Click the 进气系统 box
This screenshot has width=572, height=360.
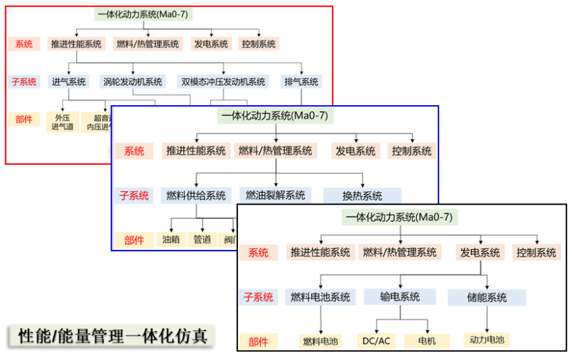[68, 82]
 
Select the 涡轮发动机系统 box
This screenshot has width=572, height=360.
[132, 82]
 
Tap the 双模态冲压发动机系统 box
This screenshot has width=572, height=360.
[223, 82]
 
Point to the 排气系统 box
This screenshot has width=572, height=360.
[301, 82]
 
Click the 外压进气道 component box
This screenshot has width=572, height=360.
[61, 122]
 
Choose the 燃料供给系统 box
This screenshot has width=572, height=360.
[195, 195]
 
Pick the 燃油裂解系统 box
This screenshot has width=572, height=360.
[275, 195]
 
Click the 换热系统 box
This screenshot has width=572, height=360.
[362, 196]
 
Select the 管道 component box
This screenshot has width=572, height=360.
[203, 239]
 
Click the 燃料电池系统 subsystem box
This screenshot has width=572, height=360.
[320, 298]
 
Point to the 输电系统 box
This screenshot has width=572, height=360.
[399, 298]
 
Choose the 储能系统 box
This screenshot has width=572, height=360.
[487, 298]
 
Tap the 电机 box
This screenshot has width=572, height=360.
[426, 342]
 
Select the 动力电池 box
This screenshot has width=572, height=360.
[486, 340]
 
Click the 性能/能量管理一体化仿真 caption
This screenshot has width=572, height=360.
[112, 336]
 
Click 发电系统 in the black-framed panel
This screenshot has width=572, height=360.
[480, 252]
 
